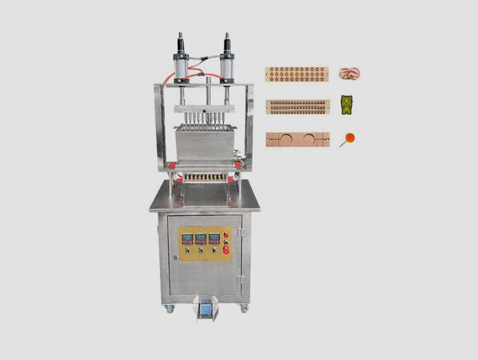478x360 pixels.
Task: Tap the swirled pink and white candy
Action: [349, 73]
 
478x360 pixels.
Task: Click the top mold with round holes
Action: [297, 74]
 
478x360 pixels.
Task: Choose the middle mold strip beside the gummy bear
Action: [297, 107]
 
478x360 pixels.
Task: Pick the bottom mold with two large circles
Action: [297, 139]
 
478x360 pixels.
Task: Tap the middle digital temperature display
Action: [201, 237]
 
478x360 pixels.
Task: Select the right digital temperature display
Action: [214, 237]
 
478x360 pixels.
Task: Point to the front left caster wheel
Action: [170, 308]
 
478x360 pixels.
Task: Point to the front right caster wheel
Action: [245, 307]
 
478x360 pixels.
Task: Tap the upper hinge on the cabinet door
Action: [240, 233]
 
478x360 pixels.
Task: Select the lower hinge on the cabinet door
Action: [240, 279]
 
